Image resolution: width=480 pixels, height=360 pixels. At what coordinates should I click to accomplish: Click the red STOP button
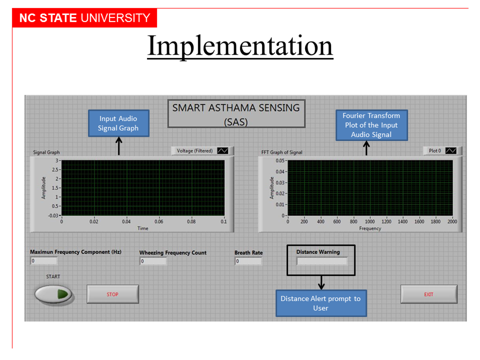click(113, 294)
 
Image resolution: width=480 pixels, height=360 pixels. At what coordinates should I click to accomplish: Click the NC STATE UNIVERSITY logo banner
click(85, 18)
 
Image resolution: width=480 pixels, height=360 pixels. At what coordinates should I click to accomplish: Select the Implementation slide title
click(240, 46)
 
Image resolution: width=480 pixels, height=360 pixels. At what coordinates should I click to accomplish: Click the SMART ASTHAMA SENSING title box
click(236, 114)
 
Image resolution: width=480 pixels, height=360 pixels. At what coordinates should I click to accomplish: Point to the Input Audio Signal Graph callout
click(118, 123)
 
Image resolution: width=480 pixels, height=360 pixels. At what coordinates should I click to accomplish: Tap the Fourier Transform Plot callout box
click(371, 125)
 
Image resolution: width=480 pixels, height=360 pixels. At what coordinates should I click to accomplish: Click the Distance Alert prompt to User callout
click(321, 303)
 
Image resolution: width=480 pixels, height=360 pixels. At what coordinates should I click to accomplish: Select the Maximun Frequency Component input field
click(44, 261)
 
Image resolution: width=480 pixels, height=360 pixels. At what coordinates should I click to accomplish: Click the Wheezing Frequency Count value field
click(153, 261)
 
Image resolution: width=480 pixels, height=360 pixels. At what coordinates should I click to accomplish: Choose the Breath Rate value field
click(248, 261)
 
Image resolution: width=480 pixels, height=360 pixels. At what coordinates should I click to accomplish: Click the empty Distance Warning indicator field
click(322, 261)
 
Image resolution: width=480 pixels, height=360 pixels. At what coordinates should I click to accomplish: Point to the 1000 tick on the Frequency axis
click(370, 222)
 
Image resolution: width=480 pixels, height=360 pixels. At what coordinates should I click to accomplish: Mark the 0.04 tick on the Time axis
click(126, 222)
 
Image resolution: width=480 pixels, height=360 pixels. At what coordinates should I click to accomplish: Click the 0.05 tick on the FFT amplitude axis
click(280, 161)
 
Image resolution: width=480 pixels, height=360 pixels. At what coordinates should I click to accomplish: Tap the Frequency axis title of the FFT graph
click(370, 229)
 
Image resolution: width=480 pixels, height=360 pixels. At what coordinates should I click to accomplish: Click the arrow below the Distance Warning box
click(321, 283)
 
